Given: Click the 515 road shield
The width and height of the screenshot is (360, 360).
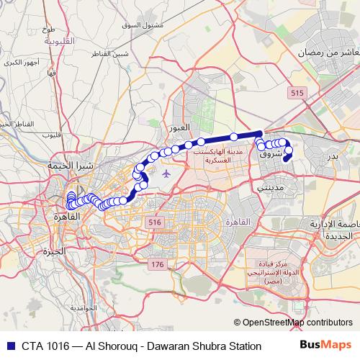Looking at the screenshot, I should click(x=295, y=93).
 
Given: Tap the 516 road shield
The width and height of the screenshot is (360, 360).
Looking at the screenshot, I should click(x=153, y=223).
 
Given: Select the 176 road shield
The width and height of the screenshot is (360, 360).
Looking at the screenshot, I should click(x=158, y=265).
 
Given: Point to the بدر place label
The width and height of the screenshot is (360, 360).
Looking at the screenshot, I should click(x=333, y=156).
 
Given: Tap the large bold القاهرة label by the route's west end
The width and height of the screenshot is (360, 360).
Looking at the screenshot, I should click(x=66, y=216).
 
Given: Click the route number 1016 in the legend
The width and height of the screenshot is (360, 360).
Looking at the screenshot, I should click(x=60, y=346).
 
